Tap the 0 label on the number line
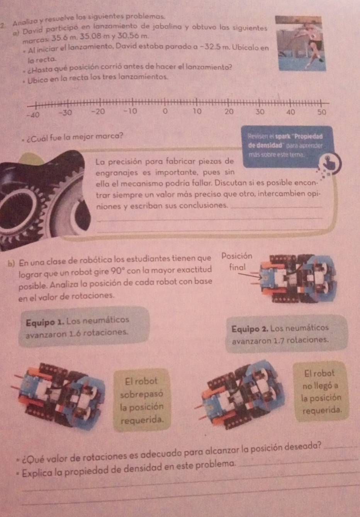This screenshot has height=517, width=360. pos(165,112)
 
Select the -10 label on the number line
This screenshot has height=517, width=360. pos(131,112)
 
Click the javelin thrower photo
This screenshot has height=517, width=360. pos(301,43)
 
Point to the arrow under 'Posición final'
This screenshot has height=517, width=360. pos(251,276)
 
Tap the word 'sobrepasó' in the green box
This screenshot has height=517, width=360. pos(142,394)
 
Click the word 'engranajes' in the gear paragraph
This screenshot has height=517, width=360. pos(117,173)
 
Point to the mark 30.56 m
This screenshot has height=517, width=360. pos(132,36)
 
